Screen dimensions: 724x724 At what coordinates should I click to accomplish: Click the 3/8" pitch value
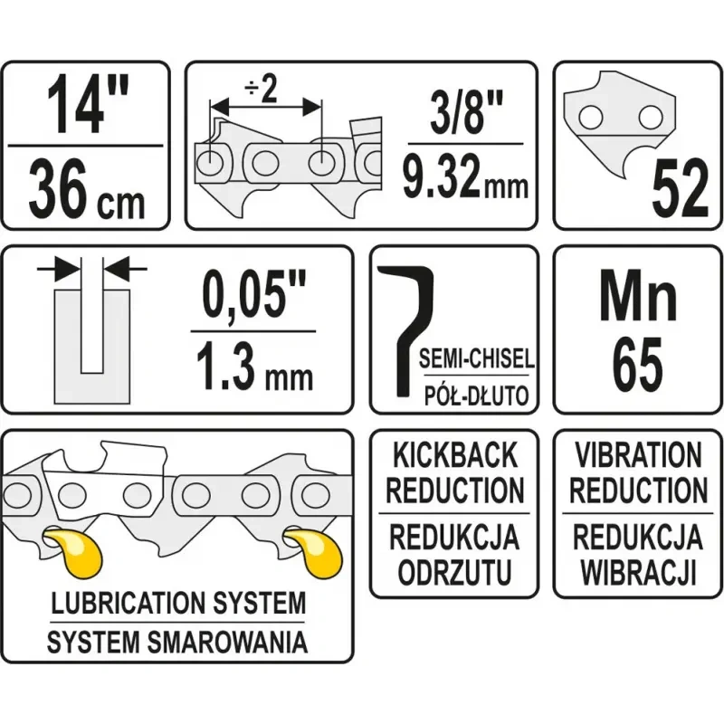click(x=465, y=110)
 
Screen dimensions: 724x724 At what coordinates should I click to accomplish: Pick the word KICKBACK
click(x=454, y=453)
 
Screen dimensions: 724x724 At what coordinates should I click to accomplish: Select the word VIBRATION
click(x=637, y=453)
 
